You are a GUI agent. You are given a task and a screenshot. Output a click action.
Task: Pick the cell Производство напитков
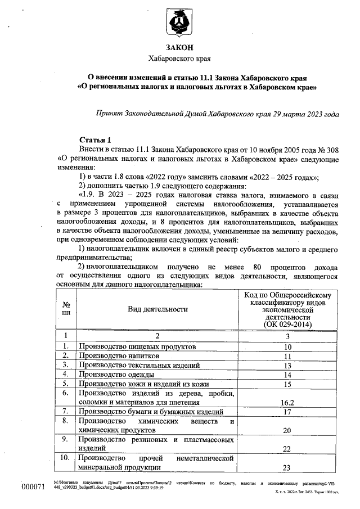pyautogui.click(x=119, y=356)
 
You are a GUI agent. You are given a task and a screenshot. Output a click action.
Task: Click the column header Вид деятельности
pyautogui.click(x=158, y=309)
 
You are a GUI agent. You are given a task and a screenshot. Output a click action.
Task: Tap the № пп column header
pyautogui.click(x=66, y=309)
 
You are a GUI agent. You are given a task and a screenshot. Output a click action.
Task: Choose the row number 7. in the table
pyautogui.click(x=66, y=412)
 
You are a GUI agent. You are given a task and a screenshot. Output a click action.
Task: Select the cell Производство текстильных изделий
pyautogui.click(x=133, y=366)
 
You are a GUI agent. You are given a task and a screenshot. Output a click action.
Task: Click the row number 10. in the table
pyautogui.click(x=66, y=458)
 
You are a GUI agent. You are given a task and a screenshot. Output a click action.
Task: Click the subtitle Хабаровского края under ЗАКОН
pyautogui.click(x=179, y=58)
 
